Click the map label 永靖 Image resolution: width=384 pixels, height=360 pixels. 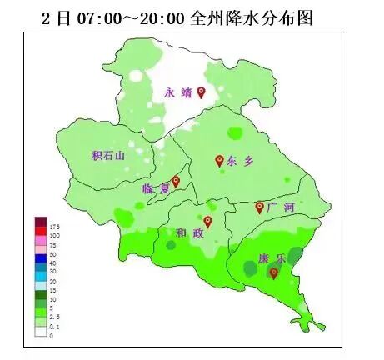click(177, 93)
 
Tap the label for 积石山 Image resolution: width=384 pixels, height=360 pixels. click(107, 155)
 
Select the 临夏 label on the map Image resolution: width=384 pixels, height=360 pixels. click(156, 189)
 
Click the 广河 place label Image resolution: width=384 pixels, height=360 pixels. click(282, 207)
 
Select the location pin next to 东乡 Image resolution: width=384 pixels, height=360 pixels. click(219, 160)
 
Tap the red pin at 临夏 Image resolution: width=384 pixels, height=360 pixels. click(176, 181)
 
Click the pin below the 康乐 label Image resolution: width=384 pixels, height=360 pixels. click(273, 272)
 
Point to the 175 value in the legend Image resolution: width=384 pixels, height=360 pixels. click(54, 227)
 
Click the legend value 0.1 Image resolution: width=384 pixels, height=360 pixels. click(54, 327)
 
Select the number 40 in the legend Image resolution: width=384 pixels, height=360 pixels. click(52, 263)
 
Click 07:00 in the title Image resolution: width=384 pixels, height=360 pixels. click(102, 17)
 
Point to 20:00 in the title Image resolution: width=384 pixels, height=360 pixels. click(173, 17)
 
